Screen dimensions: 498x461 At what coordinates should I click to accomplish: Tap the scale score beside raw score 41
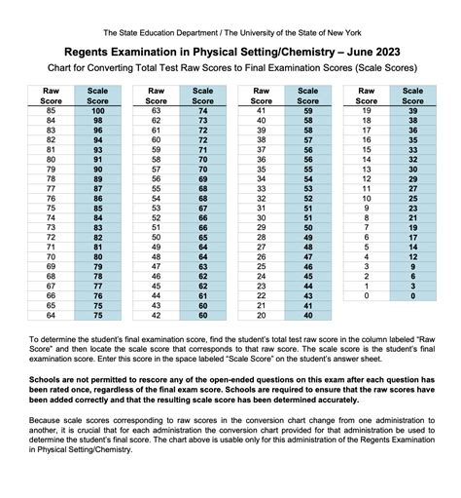pyautogui.click(x=309, y=112)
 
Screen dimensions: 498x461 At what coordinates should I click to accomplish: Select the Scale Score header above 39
pyautogui.click(x=412, y=95)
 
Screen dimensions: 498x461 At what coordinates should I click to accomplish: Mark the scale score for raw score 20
pyautogui.click(x=309, y=315)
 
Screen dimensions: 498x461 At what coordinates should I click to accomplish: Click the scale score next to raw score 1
pyautogui.click(x=412, y=286)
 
